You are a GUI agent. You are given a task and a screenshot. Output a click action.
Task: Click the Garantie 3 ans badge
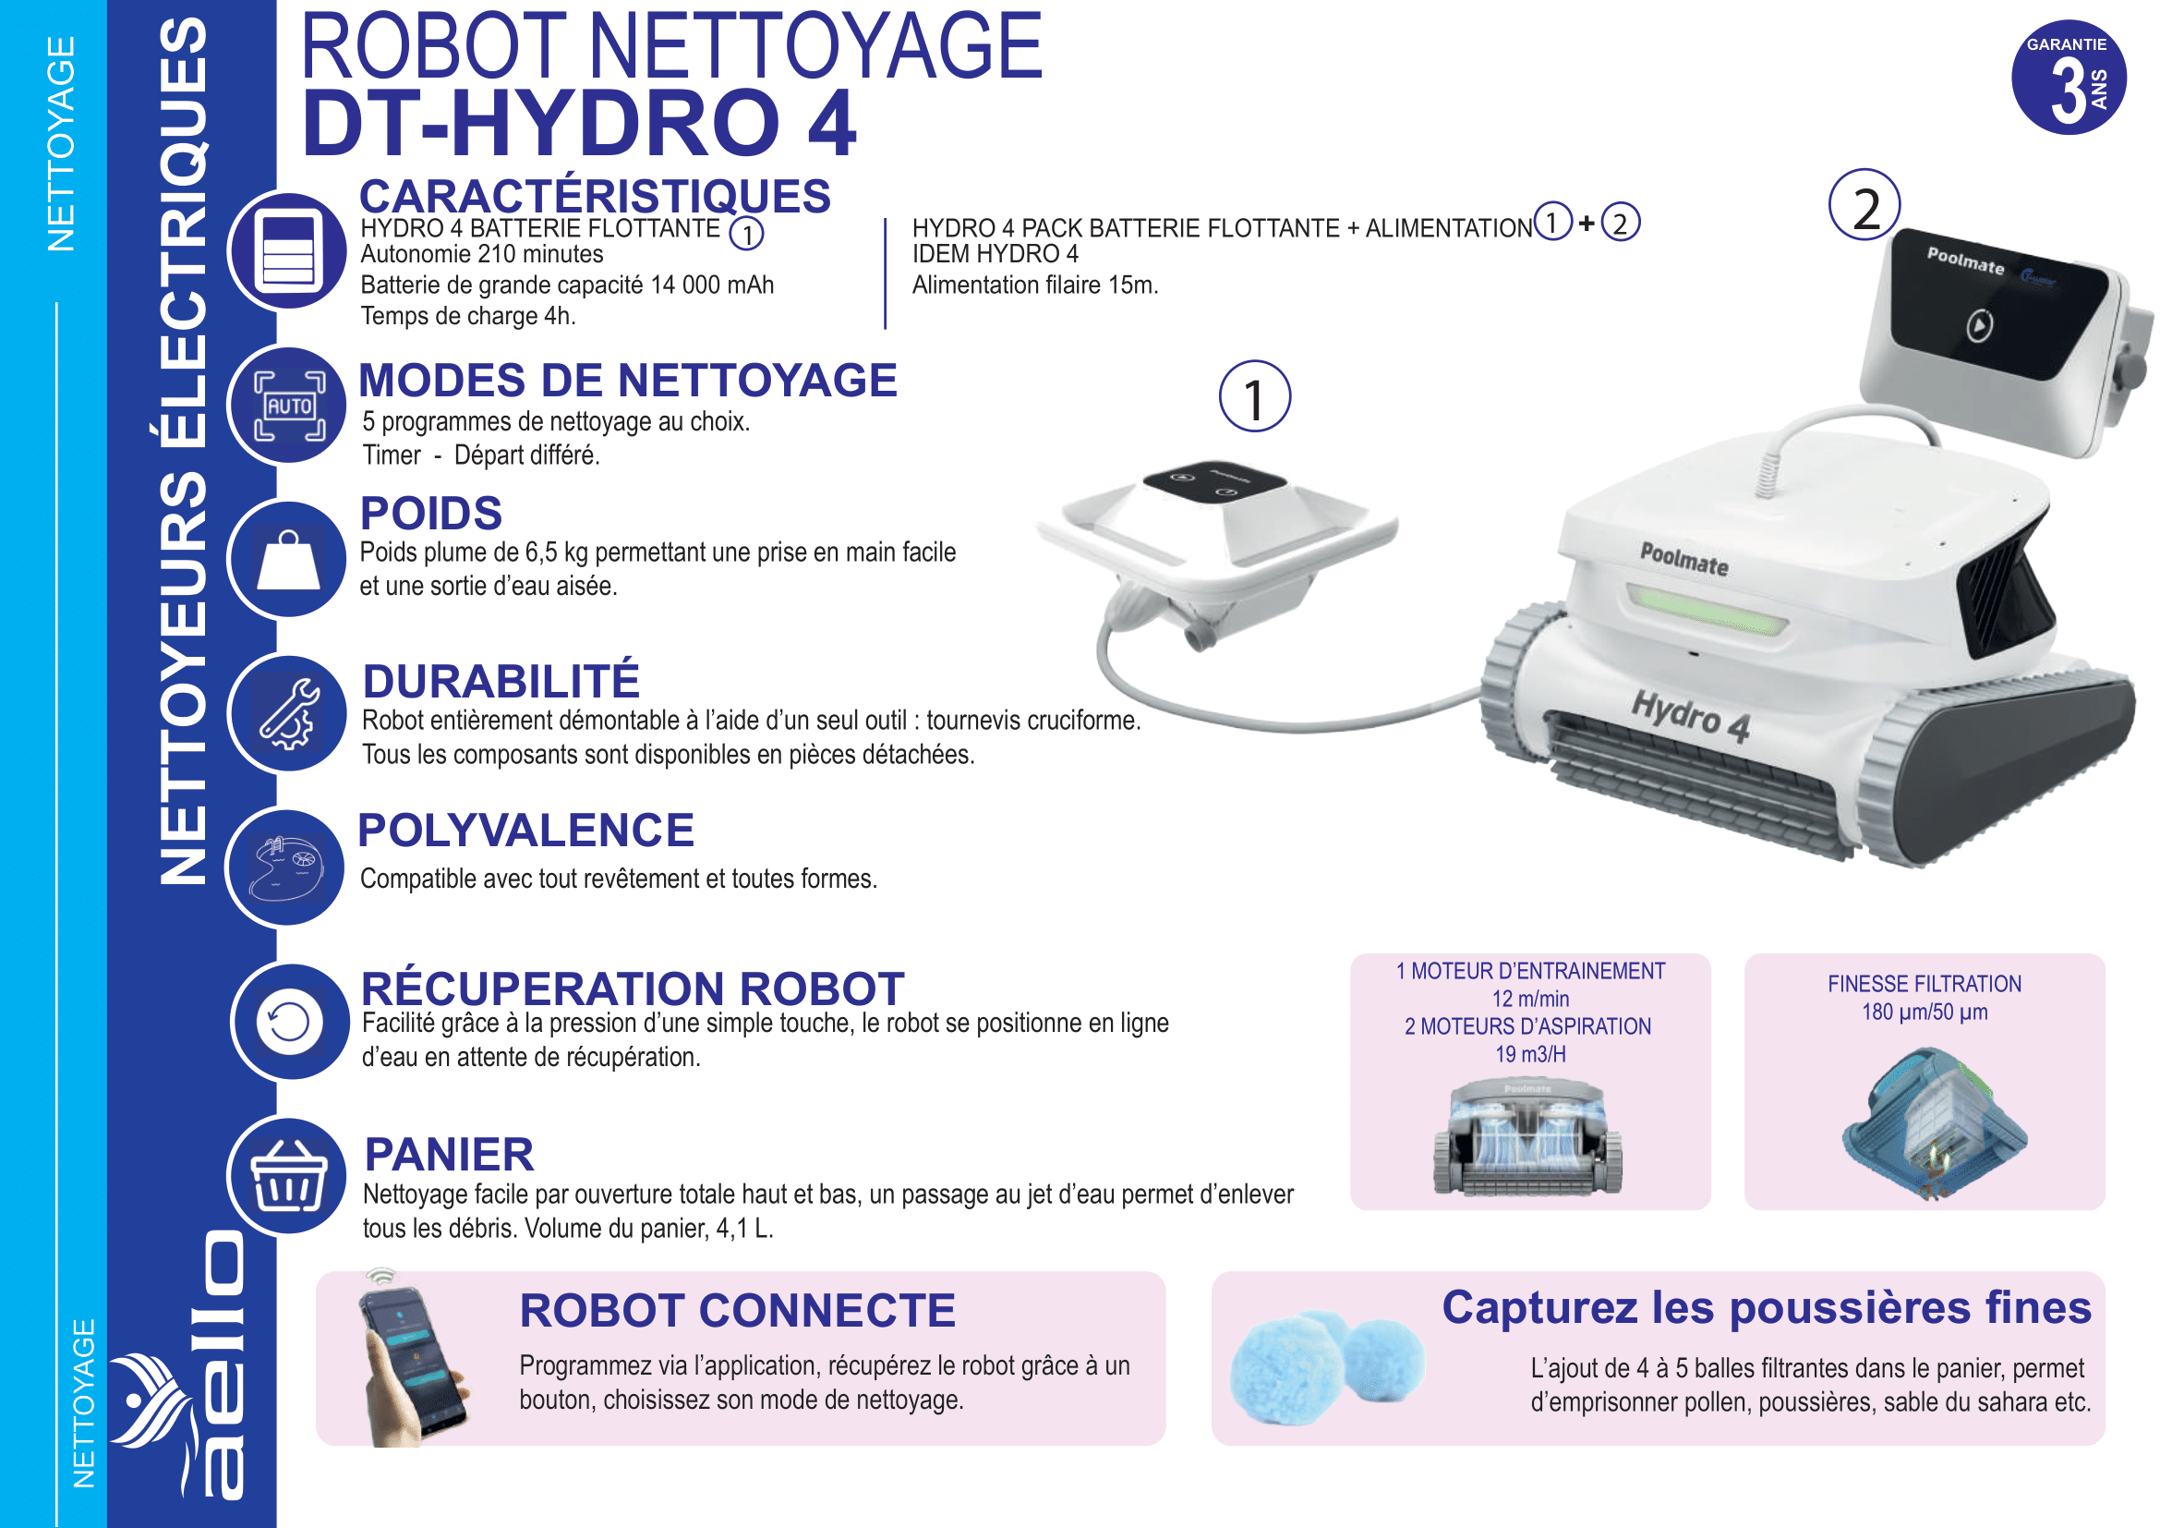click(x=2068, y=78)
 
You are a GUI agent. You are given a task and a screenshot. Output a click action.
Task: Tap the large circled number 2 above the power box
click(x=1864, y=205)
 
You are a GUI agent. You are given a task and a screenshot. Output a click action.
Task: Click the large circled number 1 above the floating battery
click(x=1254, y=396)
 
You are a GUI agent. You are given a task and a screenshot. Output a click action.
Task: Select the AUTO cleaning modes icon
click(x=289, y=406)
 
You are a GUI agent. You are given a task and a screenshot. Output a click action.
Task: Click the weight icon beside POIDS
click(x=289, y=560)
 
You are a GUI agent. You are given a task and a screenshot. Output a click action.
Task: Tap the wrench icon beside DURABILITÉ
click(x=289, y=714)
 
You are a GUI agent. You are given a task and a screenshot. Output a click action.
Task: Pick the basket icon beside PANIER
click(x=289, y=1176)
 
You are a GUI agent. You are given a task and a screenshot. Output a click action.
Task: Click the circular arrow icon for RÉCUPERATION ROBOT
click(x=289, y=1022)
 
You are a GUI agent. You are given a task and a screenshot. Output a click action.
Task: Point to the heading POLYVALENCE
click(x=525, y=830)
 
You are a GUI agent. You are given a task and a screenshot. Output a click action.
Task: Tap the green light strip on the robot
click(x=1706, y=608)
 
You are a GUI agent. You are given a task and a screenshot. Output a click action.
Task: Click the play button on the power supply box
click(x=1978, y=325)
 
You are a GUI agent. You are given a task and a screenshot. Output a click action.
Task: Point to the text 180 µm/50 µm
click(x=1924, y=1013)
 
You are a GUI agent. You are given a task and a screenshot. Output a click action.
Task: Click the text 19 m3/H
click(x=1529, y=1055)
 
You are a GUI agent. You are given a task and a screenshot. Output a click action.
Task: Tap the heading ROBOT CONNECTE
click(x=737, y=1311)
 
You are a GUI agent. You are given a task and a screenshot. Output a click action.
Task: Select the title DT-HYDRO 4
click(x=579, y=122)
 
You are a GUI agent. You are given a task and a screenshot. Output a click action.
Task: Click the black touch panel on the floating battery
click(x=1213, y=480)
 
